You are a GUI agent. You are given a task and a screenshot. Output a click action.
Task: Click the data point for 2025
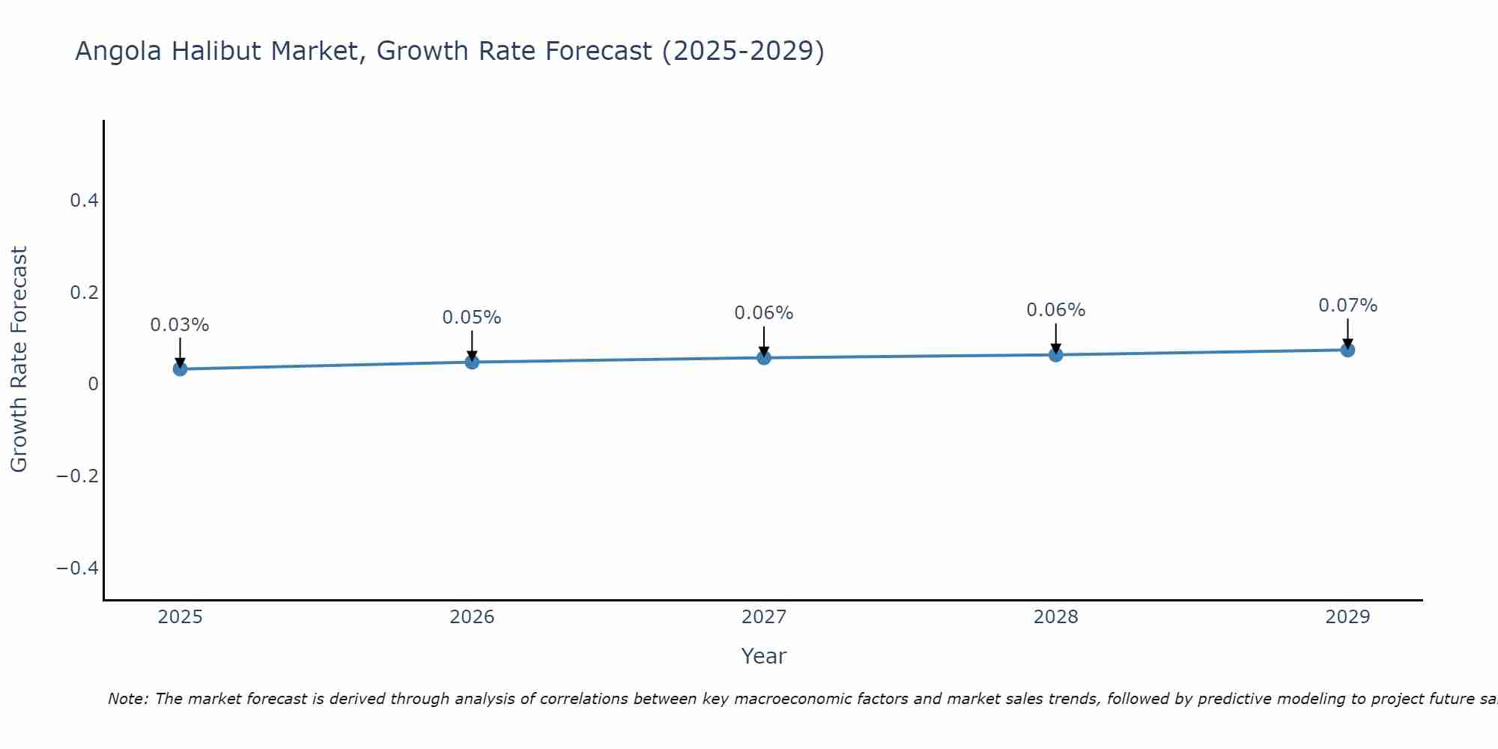point(180,369)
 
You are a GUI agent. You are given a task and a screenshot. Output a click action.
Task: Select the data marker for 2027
point(764,357)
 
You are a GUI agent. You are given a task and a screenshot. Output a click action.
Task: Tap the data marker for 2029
point(1347,350)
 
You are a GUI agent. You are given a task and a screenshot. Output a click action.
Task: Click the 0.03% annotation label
point(180,325)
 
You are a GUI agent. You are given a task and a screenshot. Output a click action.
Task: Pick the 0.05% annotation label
point(472,318)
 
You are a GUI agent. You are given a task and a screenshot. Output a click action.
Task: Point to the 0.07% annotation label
point(1347,306)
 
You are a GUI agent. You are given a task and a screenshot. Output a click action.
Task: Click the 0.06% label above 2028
point(1055,310)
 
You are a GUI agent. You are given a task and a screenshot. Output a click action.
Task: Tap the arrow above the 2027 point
point(764,341)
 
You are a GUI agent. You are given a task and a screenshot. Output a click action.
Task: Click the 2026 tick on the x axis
point(472,617)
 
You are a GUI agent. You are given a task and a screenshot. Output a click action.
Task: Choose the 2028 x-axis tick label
point(1055,617)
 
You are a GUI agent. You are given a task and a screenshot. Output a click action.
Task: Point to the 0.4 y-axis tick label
point(84,200)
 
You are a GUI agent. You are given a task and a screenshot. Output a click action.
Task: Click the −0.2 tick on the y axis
point(78,476)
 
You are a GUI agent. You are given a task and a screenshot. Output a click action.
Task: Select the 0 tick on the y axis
point(93,383)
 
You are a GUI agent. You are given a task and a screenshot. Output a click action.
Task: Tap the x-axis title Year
point(763,656)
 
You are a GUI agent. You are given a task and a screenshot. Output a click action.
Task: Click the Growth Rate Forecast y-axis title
point(19,360)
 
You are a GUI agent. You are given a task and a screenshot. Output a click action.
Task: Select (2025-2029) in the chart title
point(743,51)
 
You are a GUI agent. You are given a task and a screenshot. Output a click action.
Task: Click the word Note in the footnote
point(128,699)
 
